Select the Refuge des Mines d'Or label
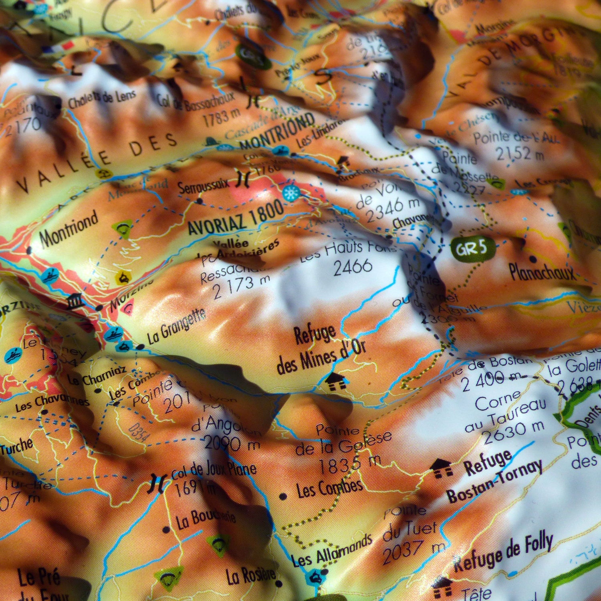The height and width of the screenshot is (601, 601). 321,350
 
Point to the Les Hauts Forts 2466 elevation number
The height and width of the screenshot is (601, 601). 353,266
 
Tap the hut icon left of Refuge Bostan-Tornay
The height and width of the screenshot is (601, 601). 442,468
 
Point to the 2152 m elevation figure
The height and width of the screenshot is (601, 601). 519,153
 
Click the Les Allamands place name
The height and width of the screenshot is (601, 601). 332,551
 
